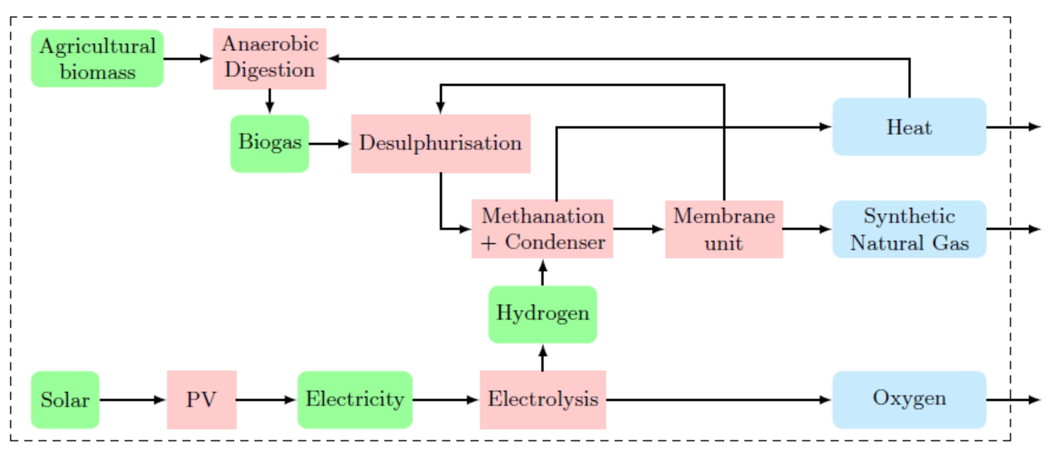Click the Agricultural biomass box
tap(97, 58)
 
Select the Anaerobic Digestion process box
tap(269, 58)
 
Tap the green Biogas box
tap(269, 144)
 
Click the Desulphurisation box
tap(441, 144)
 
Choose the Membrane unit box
tap(724, 229)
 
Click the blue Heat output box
tap(909, 127)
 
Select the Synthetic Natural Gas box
tap(909, 229)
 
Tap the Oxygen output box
tap(909, 399)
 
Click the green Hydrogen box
tap(543, 314)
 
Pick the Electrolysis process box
tap(543, 399)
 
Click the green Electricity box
tap(355, 399)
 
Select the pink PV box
tap(202, 399)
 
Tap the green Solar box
tap(65, 399)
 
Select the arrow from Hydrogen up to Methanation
tap(543, 272)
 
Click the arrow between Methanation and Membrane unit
tap(638, 229)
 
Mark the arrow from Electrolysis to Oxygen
tap(718, 400)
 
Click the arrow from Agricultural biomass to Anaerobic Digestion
tap(188, 59)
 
